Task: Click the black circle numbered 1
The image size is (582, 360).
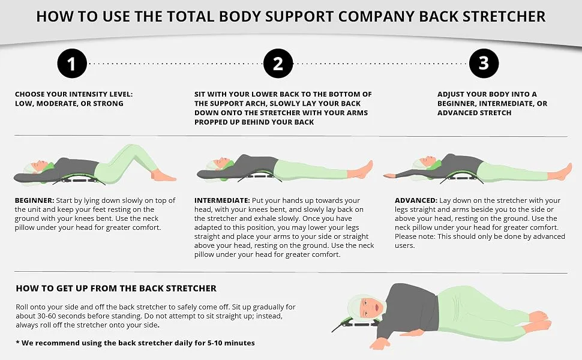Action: click(72, 64)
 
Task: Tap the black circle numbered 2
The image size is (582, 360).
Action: click(278, 64)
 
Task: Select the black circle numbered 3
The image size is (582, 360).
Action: click(484, 64)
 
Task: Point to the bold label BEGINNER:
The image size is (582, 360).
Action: click(35, 200)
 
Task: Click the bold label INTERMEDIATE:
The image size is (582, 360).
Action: click(222, 200)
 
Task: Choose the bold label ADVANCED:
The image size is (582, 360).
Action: click(416, 200)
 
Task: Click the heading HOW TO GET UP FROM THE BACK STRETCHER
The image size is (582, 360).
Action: click(116, 289)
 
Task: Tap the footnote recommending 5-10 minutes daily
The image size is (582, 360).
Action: click(136, 343)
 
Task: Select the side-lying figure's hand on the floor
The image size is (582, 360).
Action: click(377, 344)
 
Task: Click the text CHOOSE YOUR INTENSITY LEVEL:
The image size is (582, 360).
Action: click(74, 94)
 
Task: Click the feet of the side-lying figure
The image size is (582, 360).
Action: click(540, 322)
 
